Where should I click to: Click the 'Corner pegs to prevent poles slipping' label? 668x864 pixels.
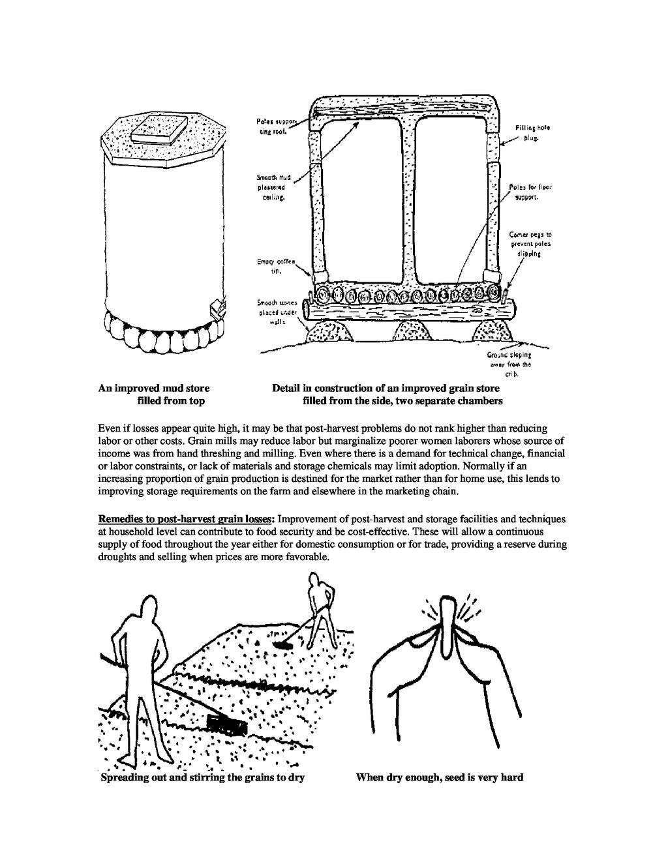(x=530, y=244)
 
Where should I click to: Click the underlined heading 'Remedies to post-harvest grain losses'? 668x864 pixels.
(x=188, y=520)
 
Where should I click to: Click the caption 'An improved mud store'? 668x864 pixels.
(x=154, y=389)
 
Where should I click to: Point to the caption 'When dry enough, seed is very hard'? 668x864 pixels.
(x=440, y=777)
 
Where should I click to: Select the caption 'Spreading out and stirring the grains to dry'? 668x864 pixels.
(x=203, y=777)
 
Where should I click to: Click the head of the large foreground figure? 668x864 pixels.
(x=149, y=609)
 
